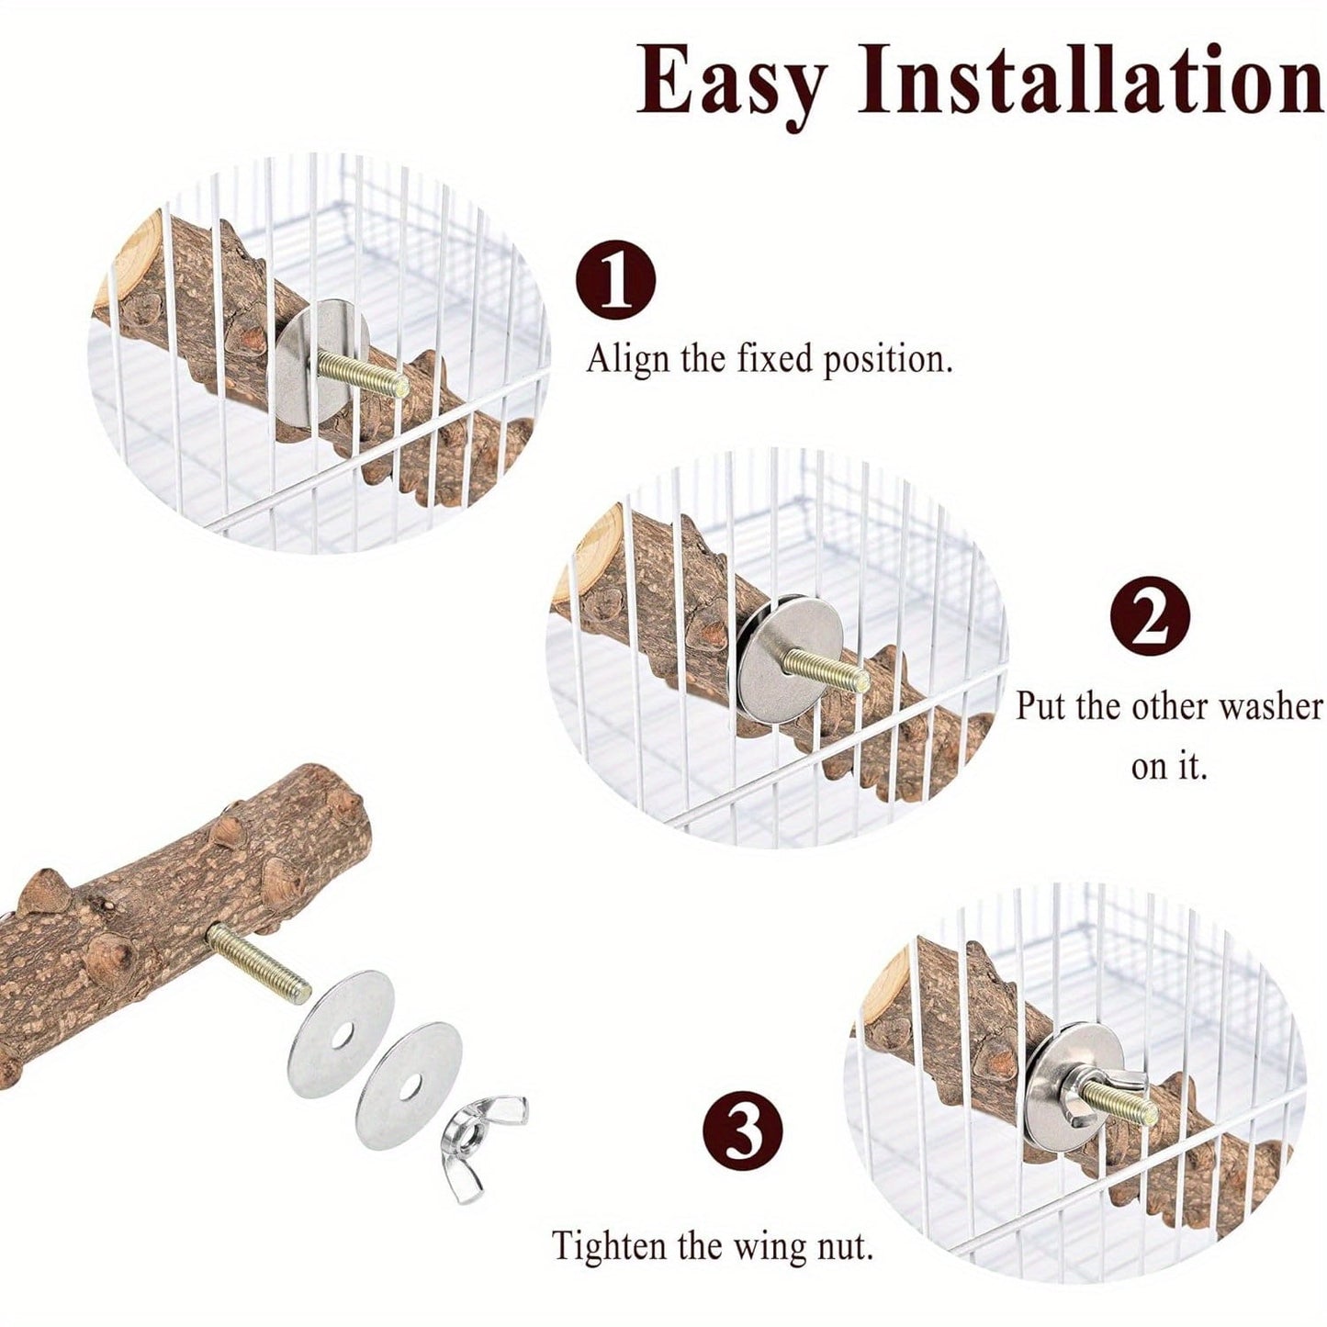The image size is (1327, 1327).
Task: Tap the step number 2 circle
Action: point(1151,616)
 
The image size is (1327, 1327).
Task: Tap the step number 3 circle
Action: point(743,1131)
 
